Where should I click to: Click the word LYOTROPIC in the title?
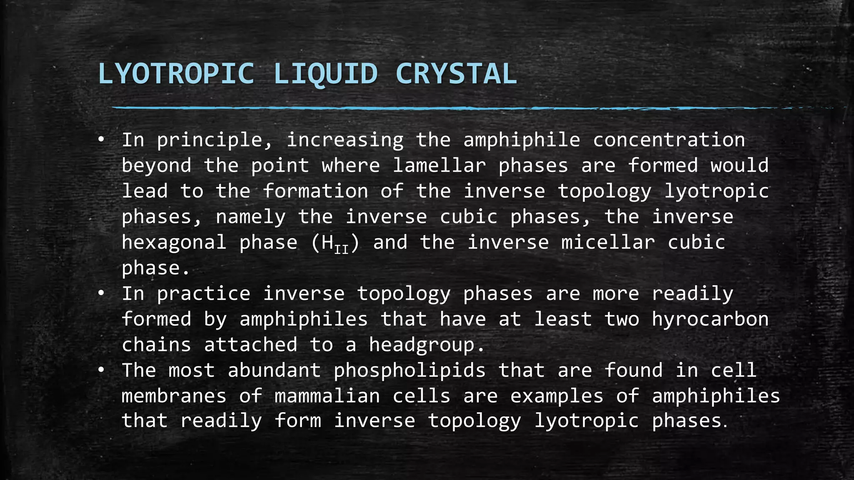tap(176, 74)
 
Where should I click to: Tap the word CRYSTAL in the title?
tap(456, 74)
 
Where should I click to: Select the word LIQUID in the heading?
tap(325, 74)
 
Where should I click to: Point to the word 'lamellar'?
tap(439, 165)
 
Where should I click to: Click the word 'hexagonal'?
tap(174, 242)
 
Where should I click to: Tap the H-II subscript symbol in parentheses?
tap(335, 244)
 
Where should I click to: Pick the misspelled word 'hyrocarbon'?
tap(710, 320)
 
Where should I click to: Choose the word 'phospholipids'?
tap(409, 370)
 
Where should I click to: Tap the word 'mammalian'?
tap(327, 396)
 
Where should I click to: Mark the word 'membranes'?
tap(174, 396)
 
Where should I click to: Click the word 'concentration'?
tap(669, 140)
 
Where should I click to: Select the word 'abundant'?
tap(274, 370)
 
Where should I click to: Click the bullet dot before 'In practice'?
tap(101, 294)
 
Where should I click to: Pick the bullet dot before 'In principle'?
tap(101, 140)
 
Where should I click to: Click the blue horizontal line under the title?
tap(417, 108)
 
